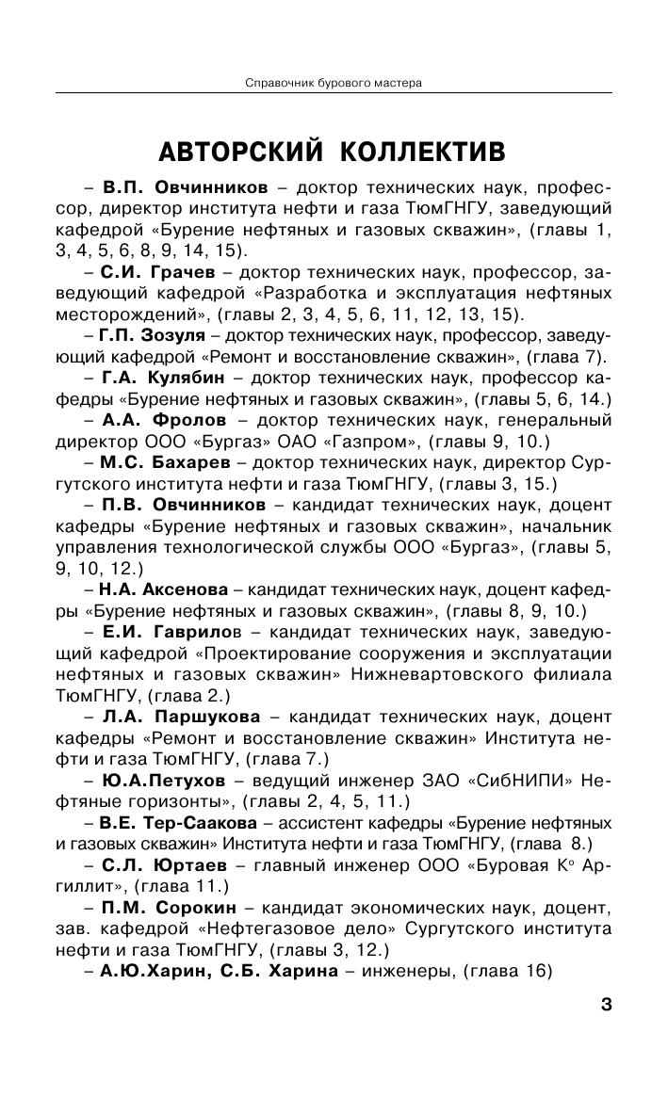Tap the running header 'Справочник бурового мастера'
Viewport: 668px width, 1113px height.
[x=333, y=83]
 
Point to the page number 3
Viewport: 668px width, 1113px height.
[x=606, y=1005]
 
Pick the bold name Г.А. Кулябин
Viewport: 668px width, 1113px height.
[x=161, y=378]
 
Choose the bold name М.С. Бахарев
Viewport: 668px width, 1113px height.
[x=160, y=462]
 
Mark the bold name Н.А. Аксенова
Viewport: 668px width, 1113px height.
[x=162, y=590]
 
